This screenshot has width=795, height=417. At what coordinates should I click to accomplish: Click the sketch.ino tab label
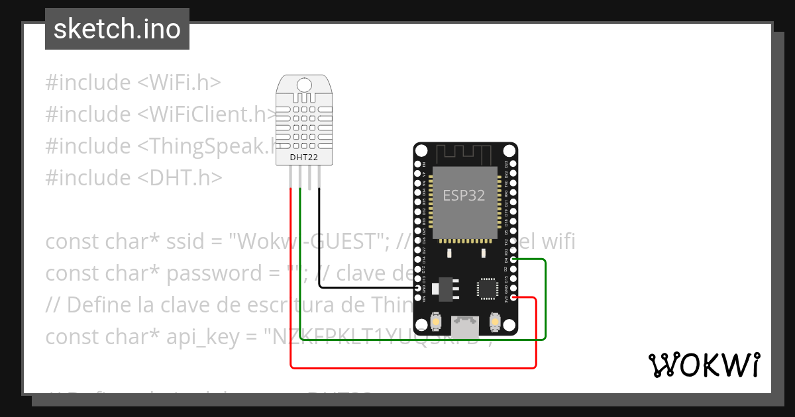pyautogui.click(x=117, y=29)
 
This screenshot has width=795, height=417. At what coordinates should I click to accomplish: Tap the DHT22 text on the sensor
pyautogui.click(x=305, y=158)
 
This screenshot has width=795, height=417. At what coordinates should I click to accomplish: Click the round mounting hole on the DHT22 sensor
pyautogui.click(x=305, y=85)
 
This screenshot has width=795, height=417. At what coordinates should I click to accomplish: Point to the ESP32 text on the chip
pyautogui.click(x=464, y=196)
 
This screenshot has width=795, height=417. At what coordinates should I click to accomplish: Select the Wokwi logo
pyautogui.click(x=704, y=365)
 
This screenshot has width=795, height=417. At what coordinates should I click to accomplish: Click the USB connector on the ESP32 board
pyautogui.click(x=465, y=325)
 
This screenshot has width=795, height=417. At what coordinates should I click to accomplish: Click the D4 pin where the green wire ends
pyautogui.click(x=513, y=260)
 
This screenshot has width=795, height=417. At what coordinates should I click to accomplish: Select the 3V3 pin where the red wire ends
pyautogui.click(x=513, y=298)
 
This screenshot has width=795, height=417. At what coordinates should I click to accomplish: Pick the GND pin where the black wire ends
pyautogui.click(x=418, y=289)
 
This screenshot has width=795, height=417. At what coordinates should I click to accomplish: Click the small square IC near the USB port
pyautogui.click(x=486, y=289)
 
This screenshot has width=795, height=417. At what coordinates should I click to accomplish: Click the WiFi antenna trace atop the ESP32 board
pyautogui.click(x=465, y=154)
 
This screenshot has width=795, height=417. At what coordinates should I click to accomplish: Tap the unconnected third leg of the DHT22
pyautogui.click(x=310, y=176)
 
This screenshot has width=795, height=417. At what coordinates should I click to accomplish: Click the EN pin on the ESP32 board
pyautogui.click(x=418, y=164)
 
